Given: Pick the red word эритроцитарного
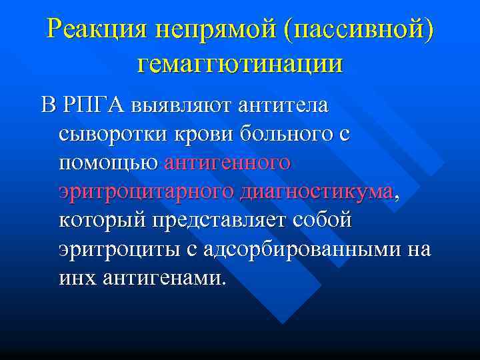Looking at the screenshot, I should pos(146,191).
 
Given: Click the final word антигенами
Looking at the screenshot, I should pos(161,277).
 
